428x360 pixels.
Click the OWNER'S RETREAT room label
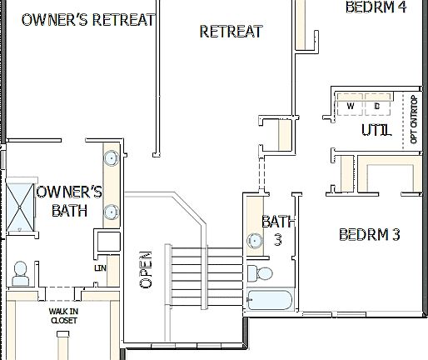point(87,20)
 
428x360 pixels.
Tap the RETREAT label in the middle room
point(231,32)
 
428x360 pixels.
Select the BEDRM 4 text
point(376,7)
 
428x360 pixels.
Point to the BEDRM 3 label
point(370,234)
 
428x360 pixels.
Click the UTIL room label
point(376,131)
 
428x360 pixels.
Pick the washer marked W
point(350,107)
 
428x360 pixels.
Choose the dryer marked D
point(376,107)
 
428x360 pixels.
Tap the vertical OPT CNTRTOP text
point(414,122)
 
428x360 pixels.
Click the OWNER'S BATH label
point(69,201)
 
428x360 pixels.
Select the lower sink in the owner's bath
point(110,212)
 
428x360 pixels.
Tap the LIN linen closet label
point(100,268)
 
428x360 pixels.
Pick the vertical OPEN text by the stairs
point(147,269)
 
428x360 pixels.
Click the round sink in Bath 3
point(254,241)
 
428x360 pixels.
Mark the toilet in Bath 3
point(261,274)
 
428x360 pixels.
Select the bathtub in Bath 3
point(269,301)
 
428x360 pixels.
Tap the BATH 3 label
point(278,230)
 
